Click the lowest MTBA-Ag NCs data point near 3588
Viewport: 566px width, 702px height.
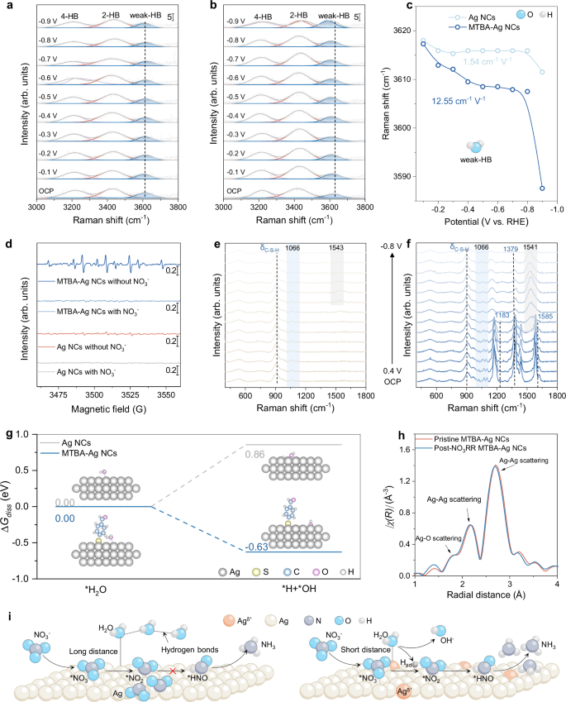pos(542,189)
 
